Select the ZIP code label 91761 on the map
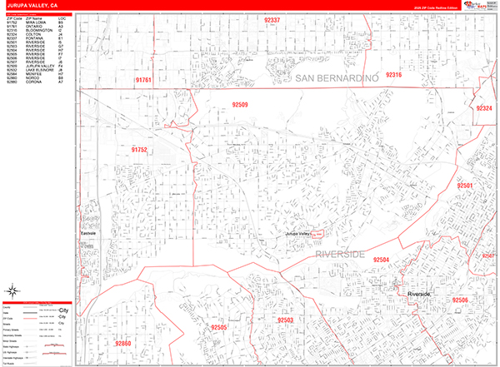(x=143, y=80)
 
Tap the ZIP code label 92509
(x=242, y=106)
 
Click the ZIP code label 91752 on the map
(x=139, y=150)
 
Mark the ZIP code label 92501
(x=465, y=185)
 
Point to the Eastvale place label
(x=88, y=233)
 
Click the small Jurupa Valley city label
(x=303, y=235)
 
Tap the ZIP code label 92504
(x=382, y=260)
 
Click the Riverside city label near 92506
(x=419, y=295)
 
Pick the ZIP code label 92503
(x=285, y=320)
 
